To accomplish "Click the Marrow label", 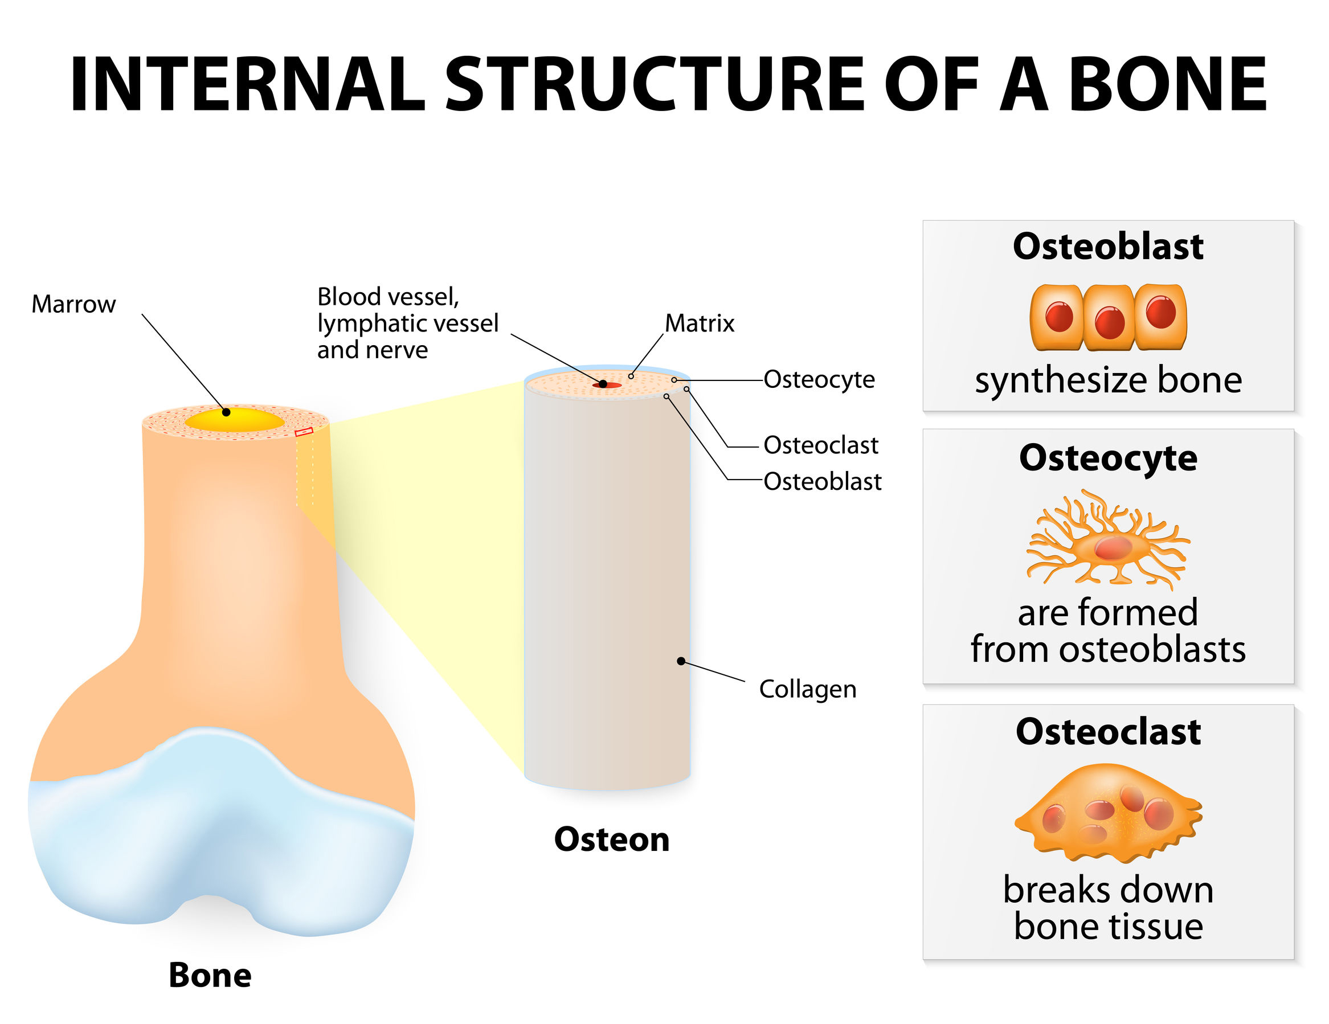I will tap(73, 304).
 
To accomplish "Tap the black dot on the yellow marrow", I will tap(226, 412).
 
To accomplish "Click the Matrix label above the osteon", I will tap(699, 323).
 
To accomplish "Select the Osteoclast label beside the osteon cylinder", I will tap(820, 445).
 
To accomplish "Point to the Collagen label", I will tap(808, 689).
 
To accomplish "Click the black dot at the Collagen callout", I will tap(681, 661).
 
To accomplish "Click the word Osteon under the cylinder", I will tap(612, 839).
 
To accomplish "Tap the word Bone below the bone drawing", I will tap(210, 976).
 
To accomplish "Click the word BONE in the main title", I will tap(1167, 85).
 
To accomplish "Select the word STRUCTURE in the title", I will tap(654, 85).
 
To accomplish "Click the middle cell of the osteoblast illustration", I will tap(1109, 318).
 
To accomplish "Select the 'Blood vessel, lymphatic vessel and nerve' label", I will tap(407, 323).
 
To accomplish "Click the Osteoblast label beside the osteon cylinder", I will tap(822, 481).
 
